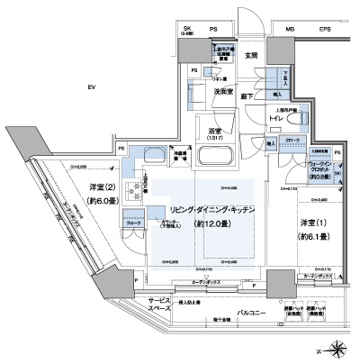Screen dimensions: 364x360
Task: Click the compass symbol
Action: (x=337, y=347)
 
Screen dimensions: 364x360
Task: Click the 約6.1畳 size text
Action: (x=310, y=239)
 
